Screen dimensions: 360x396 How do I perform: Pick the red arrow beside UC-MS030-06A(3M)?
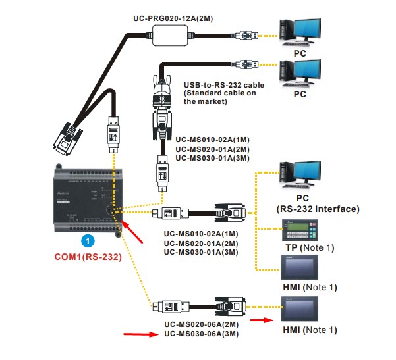click(x=139, y=335)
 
